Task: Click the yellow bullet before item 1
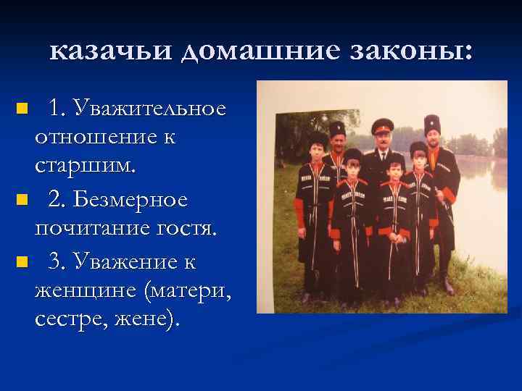coord(22,109)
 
